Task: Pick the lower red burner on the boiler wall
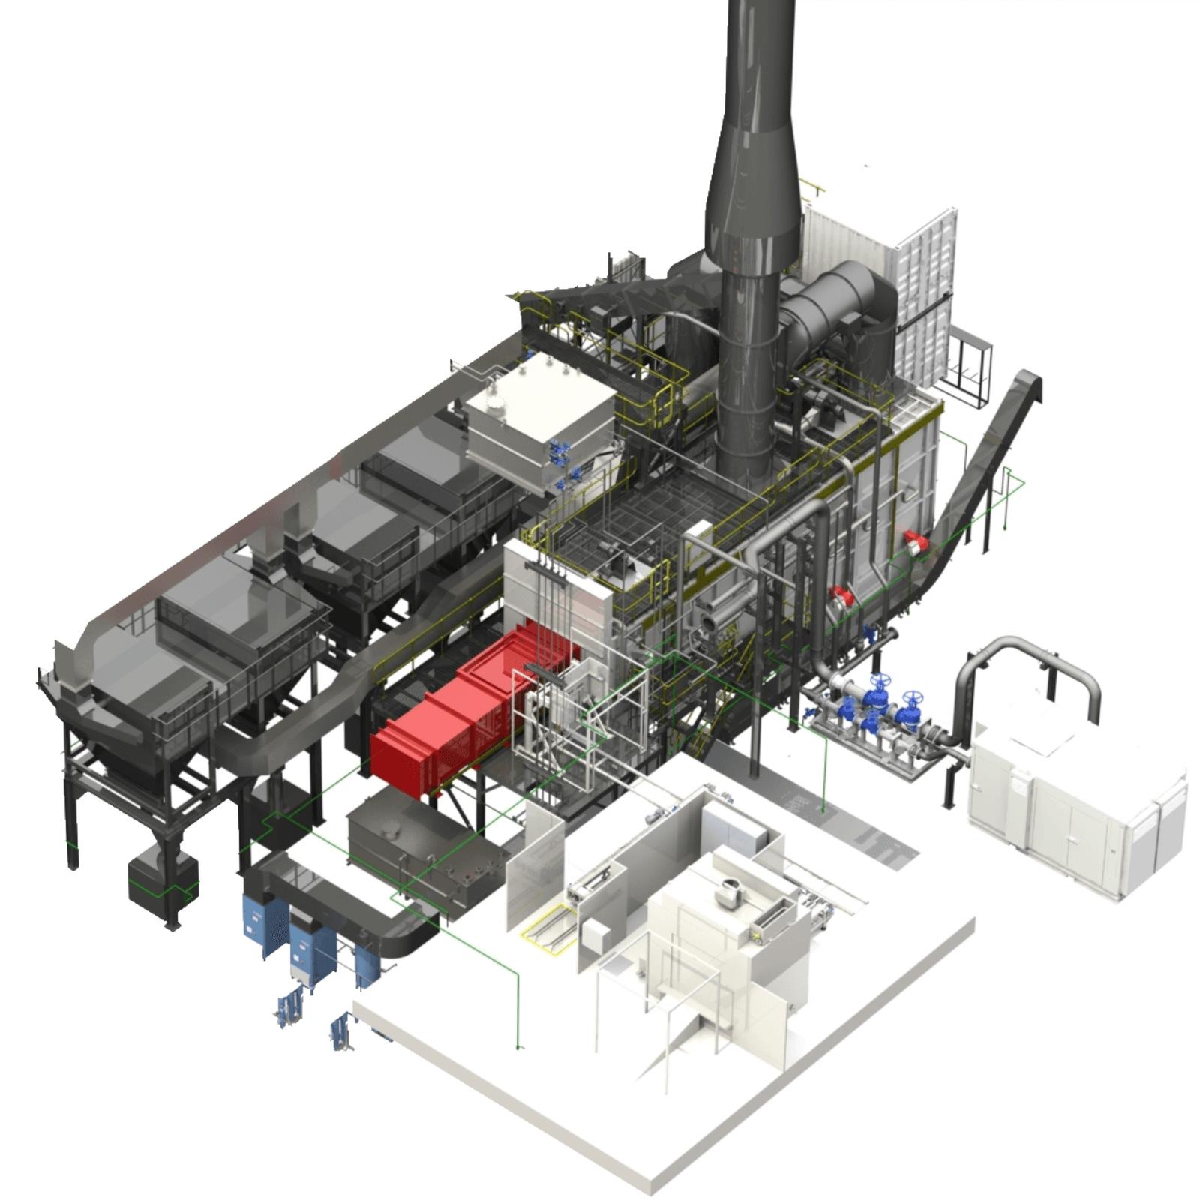pos(842,597)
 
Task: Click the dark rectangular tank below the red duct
pos(420,847)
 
